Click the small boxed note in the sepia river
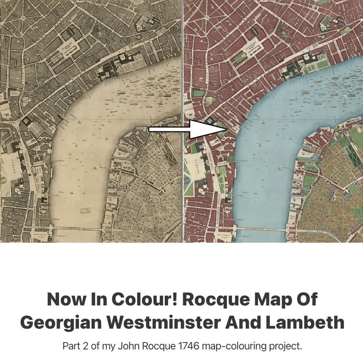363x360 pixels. click(x=85, y=210)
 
